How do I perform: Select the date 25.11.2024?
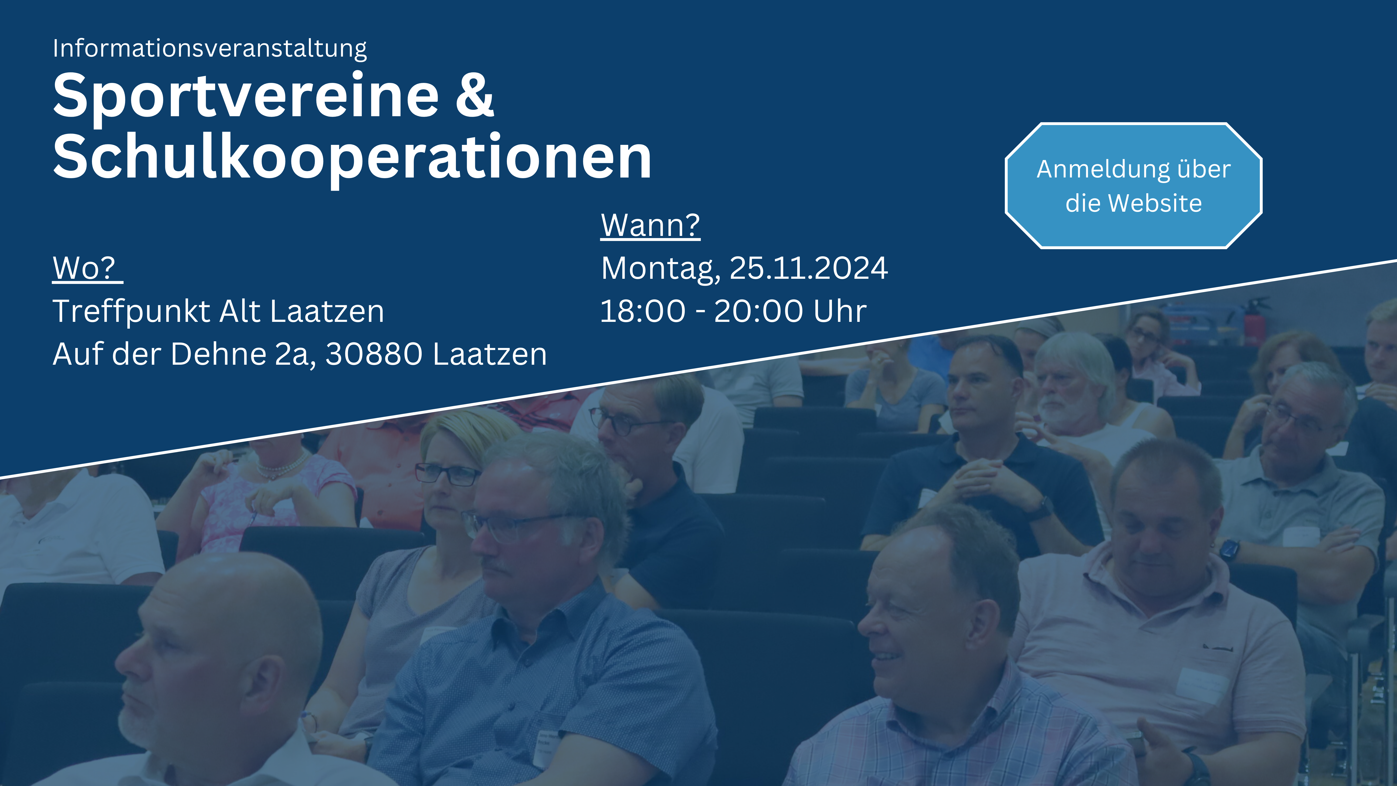coord(809,268)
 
